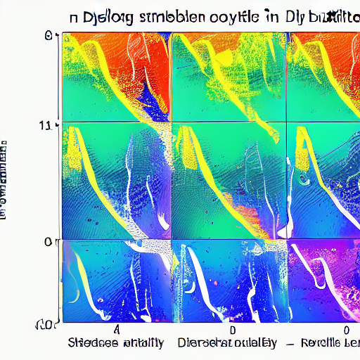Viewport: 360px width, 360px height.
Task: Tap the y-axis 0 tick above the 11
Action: tap(48, 34)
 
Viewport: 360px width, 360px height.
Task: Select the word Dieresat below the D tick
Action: tap(208, 344)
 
